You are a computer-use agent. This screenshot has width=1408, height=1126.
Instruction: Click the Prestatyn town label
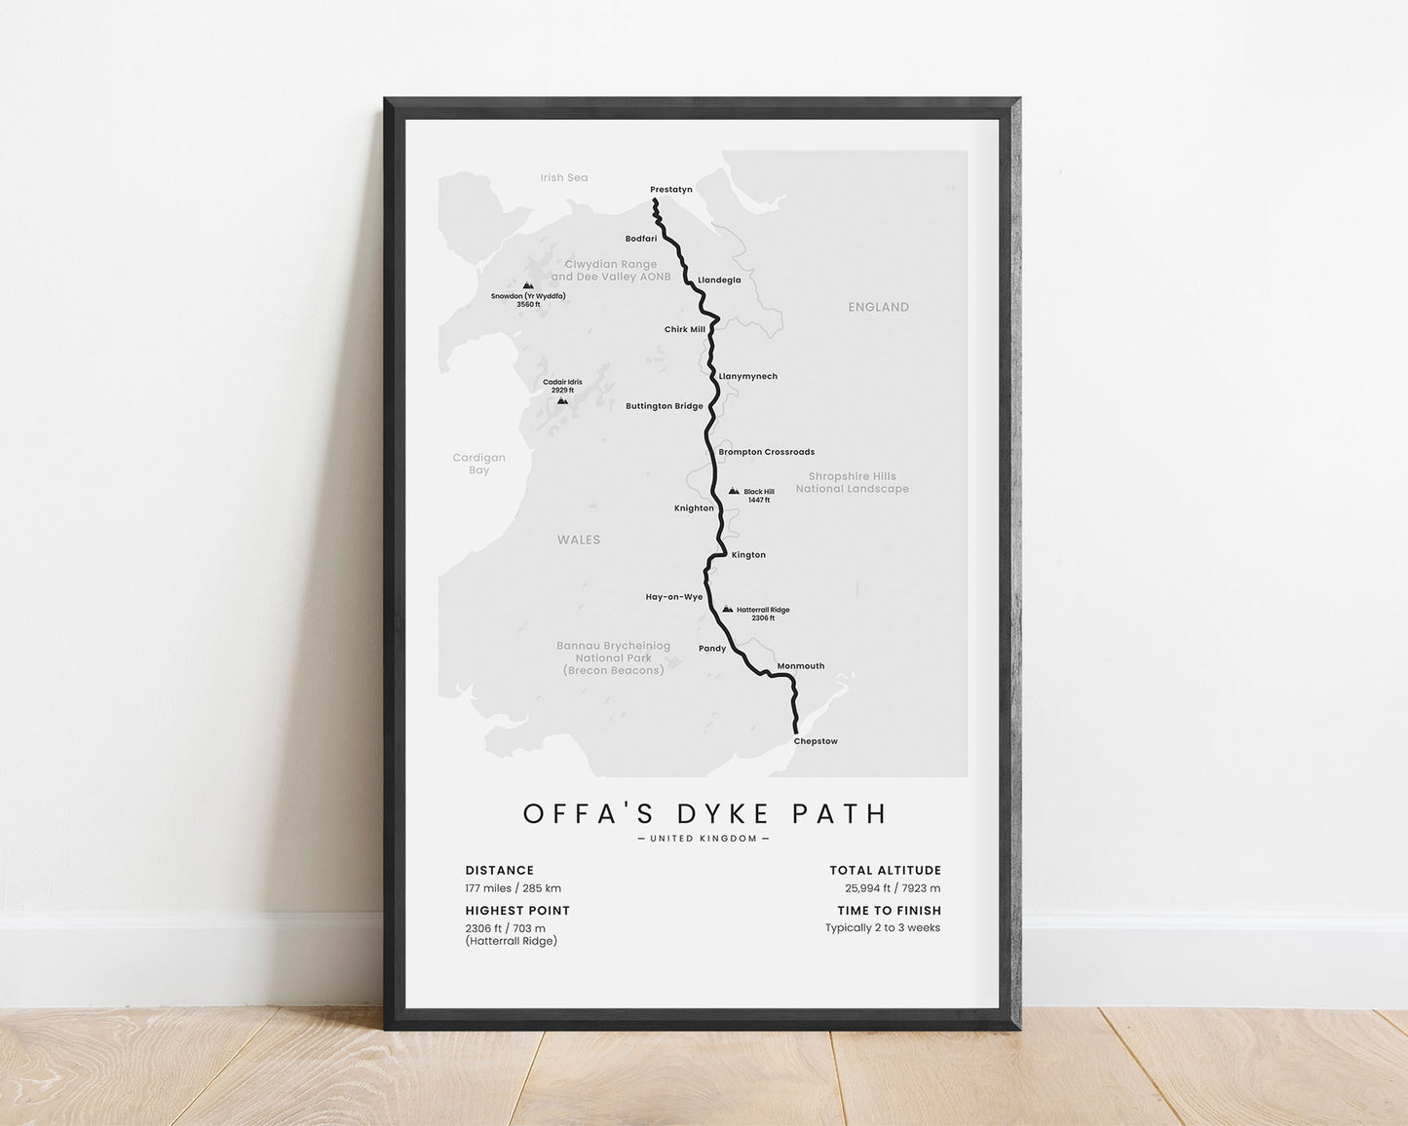[670, 189]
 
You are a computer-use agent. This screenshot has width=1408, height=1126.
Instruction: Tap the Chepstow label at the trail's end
[816, 741]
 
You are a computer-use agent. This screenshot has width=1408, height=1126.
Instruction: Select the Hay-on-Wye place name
[673, 597]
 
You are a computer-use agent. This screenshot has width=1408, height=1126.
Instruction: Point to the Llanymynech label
[748, 376]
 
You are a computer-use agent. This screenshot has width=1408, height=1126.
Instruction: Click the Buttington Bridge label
[664, 406]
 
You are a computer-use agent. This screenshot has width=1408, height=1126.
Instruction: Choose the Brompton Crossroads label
[766, 452]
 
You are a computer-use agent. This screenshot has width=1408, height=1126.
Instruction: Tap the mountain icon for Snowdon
[528, 286]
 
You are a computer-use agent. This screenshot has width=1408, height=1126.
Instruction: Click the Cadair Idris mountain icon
[562, 400]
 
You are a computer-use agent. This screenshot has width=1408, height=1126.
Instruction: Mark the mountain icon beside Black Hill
[734, 491]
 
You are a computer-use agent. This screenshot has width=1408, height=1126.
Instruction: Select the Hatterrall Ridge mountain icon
[727, 610]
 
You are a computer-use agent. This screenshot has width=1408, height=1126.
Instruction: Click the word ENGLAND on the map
[878, 307]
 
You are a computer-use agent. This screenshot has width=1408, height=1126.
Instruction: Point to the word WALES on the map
[579, 540]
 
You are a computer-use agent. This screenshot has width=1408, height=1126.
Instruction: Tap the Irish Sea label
[564, 177]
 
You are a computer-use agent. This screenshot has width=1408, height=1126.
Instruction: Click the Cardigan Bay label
[479, 464]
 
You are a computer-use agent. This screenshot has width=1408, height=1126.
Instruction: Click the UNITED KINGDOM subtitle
[704, 839]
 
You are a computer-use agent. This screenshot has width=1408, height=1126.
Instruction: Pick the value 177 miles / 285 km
[513, 888]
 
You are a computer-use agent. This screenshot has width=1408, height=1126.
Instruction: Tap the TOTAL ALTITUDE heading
[885, 871]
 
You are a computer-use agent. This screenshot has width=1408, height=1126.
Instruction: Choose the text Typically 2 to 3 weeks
[883, 927]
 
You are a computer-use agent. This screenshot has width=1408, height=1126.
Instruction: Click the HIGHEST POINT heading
[517, 911]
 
